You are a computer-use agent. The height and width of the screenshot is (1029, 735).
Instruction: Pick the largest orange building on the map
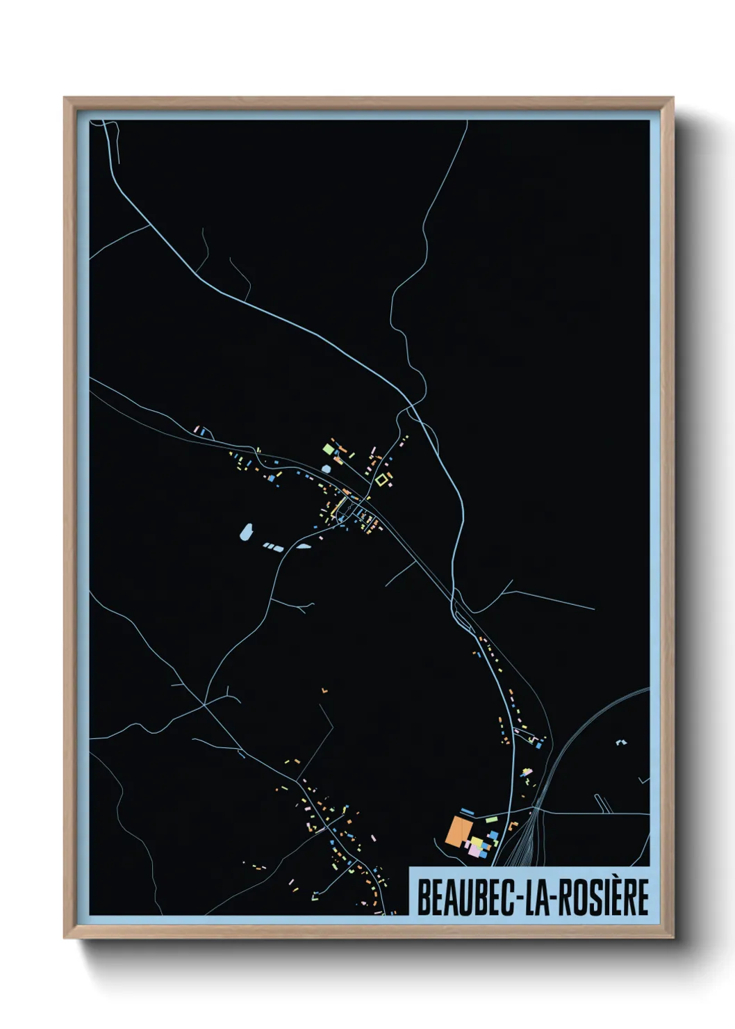pos(458,832)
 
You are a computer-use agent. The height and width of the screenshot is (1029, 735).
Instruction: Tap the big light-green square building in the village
pos(329,449)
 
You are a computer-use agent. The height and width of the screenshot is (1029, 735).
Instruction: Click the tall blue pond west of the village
pos(245,533)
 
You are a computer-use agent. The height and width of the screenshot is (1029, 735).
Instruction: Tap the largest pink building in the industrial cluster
pos(474,850)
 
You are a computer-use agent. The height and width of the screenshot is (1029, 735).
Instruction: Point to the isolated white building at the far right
pos(620,743)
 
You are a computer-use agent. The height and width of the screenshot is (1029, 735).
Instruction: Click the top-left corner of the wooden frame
pos(65,99)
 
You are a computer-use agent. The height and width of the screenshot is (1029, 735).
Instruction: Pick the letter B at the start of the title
pos(422,897)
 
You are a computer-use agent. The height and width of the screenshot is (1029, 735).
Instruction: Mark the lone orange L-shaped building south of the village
pos(324,690)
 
